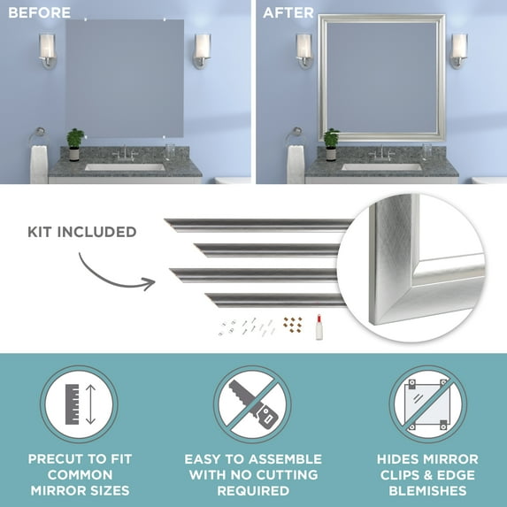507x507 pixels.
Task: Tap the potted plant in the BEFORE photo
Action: [75, 141]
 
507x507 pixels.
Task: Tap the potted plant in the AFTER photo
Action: [331, 141]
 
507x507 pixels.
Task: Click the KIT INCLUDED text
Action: [81, 233]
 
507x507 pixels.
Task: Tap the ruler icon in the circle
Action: [78, 404]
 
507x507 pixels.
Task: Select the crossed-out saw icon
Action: [252, 404]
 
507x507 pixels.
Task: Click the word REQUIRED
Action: [253, 490]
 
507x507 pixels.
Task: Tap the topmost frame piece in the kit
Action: [257, 224]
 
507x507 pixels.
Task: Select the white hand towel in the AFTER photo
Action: [295, 165]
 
